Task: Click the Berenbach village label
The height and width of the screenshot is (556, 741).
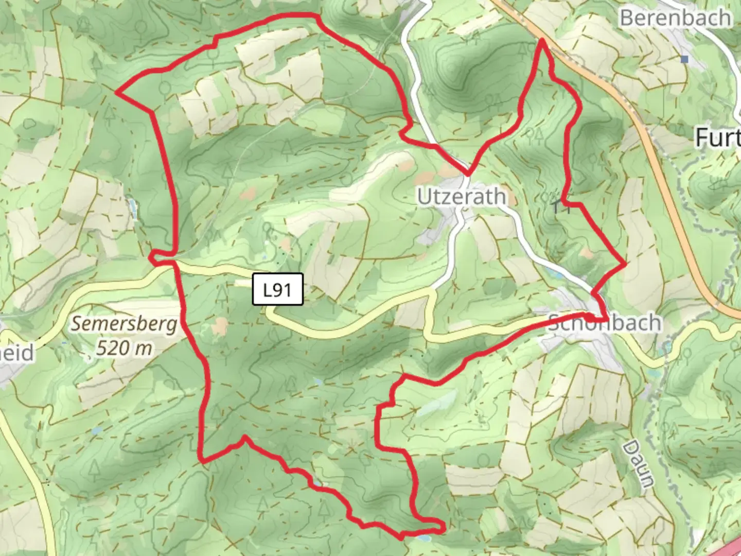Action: pyautogui.click(x=675, y=18)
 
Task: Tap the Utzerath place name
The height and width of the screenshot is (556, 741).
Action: pyautogui.click(x=461, y=197)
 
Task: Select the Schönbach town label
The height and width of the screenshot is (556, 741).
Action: pyautogui.click(x=605, y=323)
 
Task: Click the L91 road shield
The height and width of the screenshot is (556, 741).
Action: pyautogui.click(x=278, y=290)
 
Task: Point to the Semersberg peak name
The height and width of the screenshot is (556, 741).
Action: pyautogui.click(x=124, y=324)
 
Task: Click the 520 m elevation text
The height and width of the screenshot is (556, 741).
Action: pyautogui.click(x=124, y=349)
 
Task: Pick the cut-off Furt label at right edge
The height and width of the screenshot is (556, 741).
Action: pyautogui.click(x=718, y=138)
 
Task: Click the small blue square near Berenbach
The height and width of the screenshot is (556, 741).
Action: pyautogui.click(x=684, y=59)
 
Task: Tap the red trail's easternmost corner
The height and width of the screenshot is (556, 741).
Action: pyautogui.click(x=625, y=264)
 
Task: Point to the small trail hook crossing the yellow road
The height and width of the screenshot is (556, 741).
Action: pyautogui.click(x=154, y=256)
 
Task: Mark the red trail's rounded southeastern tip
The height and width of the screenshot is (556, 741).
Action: pyautogui.click(x=442, y=526)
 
